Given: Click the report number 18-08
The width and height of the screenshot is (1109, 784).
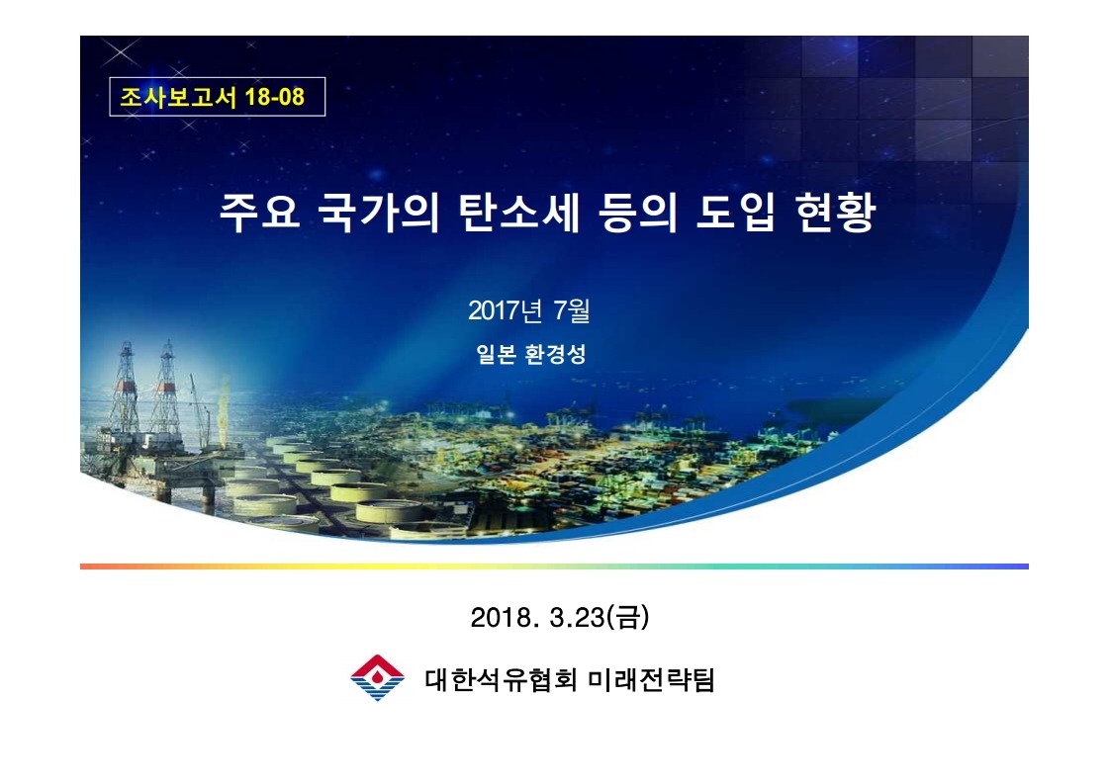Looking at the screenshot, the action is (x=274, y=97).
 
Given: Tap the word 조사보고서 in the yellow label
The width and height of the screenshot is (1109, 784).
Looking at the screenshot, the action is (x=177, y=97).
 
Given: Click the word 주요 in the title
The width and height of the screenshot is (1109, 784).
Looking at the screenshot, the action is (x=259, y=212).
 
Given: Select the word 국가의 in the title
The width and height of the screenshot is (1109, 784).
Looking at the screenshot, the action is (x=378, y=212).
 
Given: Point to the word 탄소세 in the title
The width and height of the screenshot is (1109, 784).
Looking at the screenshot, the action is (x=518, y=212).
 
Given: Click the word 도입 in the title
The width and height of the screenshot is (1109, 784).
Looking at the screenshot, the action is (x=736, y=212).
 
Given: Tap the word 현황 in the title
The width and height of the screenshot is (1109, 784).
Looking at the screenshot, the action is (x=835, y=212).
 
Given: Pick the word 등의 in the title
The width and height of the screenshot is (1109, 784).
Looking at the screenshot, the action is (x=637, y=212).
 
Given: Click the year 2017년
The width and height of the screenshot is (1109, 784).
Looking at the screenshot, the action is (x=505, y=310).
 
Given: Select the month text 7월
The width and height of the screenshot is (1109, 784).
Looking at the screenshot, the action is (x=572, y=310).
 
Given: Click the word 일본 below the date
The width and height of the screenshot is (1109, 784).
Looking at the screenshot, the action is (x=496, y=354).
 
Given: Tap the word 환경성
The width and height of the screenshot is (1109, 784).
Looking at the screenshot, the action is (x=555, y=354).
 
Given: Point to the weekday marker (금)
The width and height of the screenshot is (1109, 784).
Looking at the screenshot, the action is (x=628, y=617).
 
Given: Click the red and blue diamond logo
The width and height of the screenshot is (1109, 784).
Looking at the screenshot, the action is (x=377, y=677).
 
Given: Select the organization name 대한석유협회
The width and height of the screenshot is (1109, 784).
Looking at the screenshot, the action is (x=502, y=680).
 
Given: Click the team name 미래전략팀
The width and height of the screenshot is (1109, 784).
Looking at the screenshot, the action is (x=651, y=680).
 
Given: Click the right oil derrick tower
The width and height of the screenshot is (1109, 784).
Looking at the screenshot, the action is (x=167, y=386).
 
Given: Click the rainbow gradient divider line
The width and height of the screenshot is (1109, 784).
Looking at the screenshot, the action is (x=554, y=566).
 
